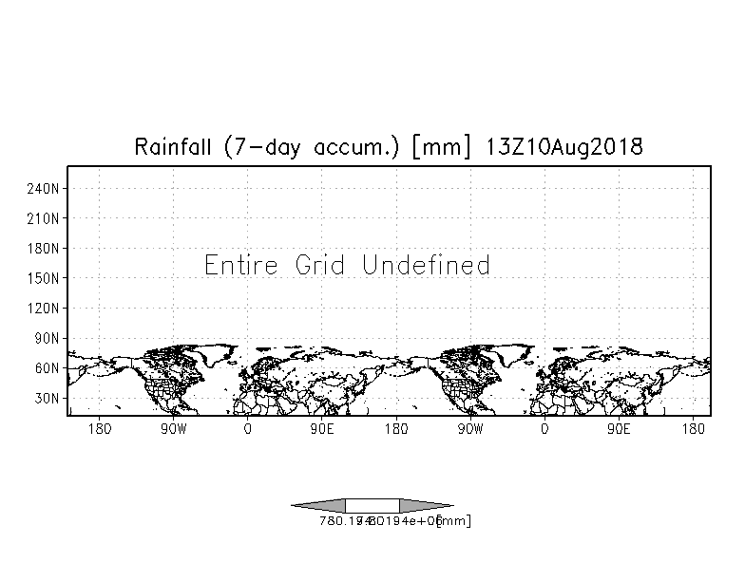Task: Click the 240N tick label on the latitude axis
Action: coord(46,188)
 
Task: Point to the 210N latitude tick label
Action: coord(46,218)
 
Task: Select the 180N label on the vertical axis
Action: coord(46,249)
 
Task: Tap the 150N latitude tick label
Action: coord(46,278)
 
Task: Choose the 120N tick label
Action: coord(46,309)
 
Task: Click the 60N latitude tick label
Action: coord(48,368)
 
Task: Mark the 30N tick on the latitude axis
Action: coord(48,399)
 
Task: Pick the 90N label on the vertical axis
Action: coord(48,338)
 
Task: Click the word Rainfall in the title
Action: coord(174,147)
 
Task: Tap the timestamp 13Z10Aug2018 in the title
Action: coord(566,147)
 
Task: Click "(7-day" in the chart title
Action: coord(259,148)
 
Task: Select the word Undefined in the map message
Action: coord(427,265)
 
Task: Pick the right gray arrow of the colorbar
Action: coord(425,505)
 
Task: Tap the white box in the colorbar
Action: coord(372,505)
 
